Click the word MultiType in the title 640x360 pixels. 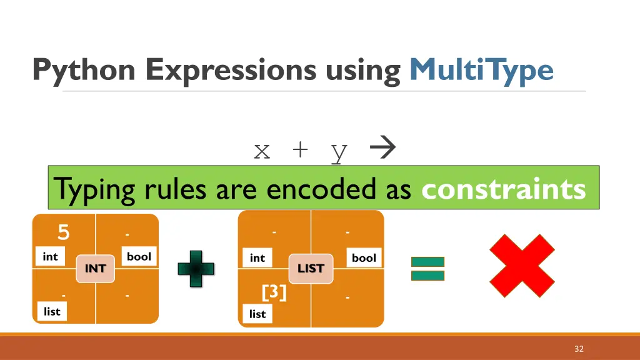click(481, 70)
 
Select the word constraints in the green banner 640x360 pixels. click(504, 189)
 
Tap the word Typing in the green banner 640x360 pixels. click(94, 189)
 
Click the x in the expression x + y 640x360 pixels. click(262, 151)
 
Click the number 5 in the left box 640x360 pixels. click(63, 232)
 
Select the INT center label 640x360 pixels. click(96, 268)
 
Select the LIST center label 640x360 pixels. click(311, 268)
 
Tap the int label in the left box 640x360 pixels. click(50, 256)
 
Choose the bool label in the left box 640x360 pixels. click(139, 256)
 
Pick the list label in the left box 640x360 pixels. click(52, 311)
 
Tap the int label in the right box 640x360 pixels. click(257, 257)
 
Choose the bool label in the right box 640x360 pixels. click(364, 257)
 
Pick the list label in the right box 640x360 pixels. click(257, 314)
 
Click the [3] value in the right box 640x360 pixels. click(274, 292)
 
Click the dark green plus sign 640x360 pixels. click(196, 268)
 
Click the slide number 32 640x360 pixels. click(579, 349)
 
